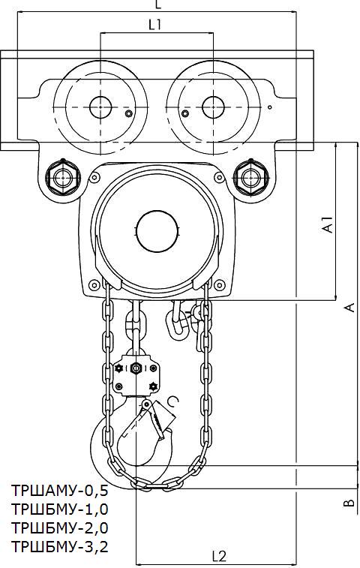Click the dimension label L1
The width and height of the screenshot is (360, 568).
pos(155,25)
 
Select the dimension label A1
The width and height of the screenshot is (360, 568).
pos(328,224)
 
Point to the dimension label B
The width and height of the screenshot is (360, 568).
pos(349,503)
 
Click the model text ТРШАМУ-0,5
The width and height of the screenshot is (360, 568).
pos(60,491)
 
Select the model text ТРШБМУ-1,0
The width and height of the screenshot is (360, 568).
pos(60,509)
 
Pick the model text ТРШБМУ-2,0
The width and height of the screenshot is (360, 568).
pos(60,527)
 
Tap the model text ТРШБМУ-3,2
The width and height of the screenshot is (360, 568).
pos(60,546)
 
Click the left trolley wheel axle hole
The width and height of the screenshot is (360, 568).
pos(100,107)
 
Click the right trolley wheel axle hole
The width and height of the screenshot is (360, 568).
pos(213,107)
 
